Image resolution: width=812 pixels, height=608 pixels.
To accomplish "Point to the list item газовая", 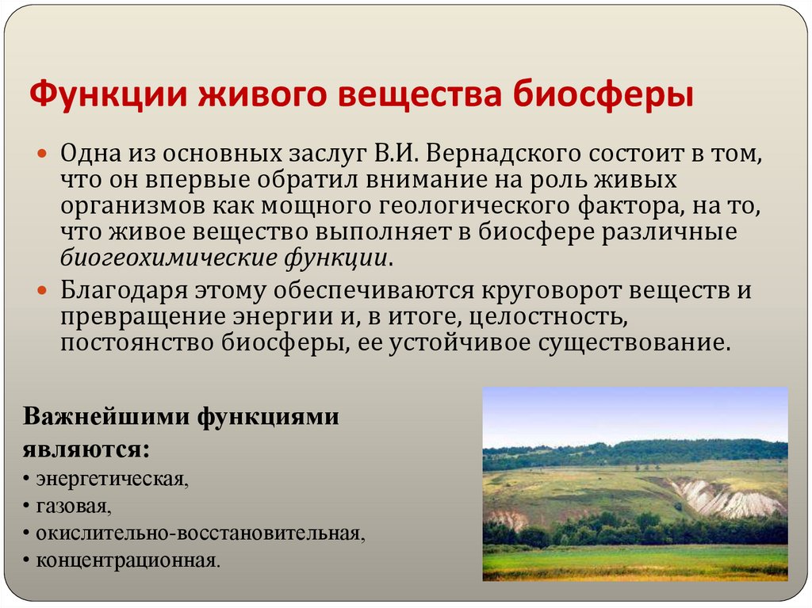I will [x=70, y=506].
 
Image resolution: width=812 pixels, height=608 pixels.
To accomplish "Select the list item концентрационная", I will [x=123, y=560].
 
